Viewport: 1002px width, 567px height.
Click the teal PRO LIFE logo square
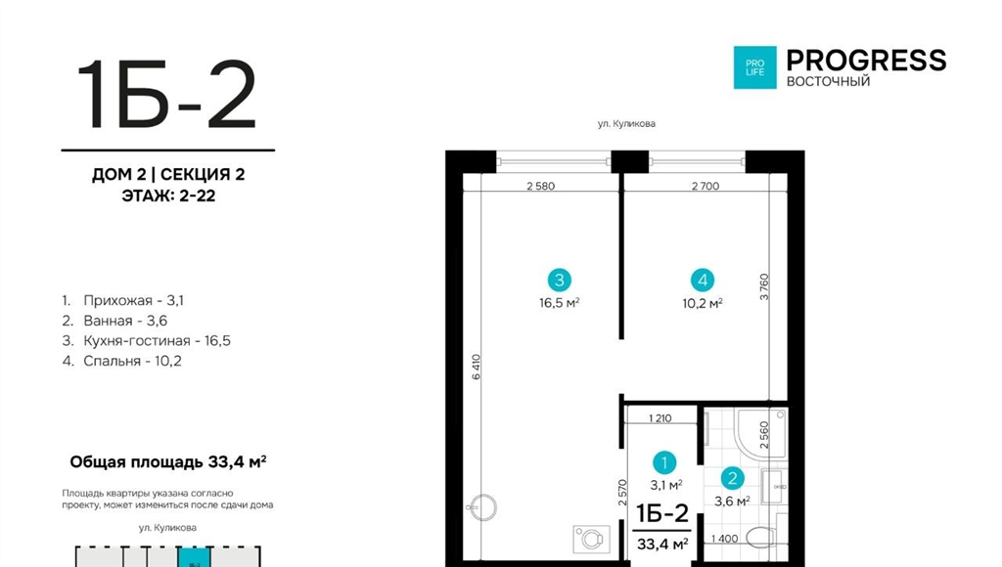click(x=754, y=67)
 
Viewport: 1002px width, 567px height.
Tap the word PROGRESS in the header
click(x=866, y=60)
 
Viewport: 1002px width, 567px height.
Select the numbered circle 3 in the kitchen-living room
click(x=559, y=280)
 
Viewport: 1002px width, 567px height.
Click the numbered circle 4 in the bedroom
click(x=703, y=280)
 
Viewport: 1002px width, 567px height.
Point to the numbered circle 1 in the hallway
click(x=664, y=463)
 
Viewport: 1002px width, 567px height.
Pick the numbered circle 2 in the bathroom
click(x=732, y=478)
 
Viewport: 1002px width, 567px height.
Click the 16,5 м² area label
click(x=559, y=303)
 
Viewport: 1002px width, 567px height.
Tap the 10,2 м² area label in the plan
click(x=703, y=303)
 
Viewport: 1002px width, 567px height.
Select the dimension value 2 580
click(x=540, y=187)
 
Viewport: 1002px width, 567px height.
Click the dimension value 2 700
click(x=706, y=187)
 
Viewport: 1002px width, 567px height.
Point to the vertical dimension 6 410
click(x=477, y=368)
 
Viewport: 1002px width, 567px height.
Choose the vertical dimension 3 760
click(x=764, y=287)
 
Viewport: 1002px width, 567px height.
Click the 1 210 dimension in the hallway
click(x=660, y=418)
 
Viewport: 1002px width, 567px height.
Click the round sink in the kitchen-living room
click(x=481, y=508)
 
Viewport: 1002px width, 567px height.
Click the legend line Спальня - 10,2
click(x=122, y=361)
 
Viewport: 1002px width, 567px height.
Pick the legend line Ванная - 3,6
click(x=115, y=321)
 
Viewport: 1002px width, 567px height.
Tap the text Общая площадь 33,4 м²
click(x=168, y=461)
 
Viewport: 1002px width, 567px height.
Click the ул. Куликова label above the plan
click(x=626, y=124)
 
